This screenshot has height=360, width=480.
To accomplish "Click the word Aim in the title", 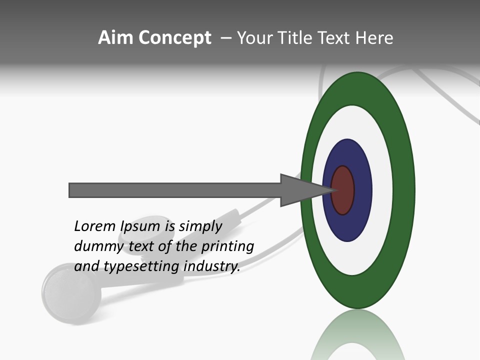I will point(116,38).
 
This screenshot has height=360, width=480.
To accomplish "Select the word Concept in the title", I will point(174,38).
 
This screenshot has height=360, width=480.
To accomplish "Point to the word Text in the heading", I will point(334,38).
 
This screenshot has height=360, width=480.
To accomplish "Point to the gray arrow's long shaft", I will point(175,190).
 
